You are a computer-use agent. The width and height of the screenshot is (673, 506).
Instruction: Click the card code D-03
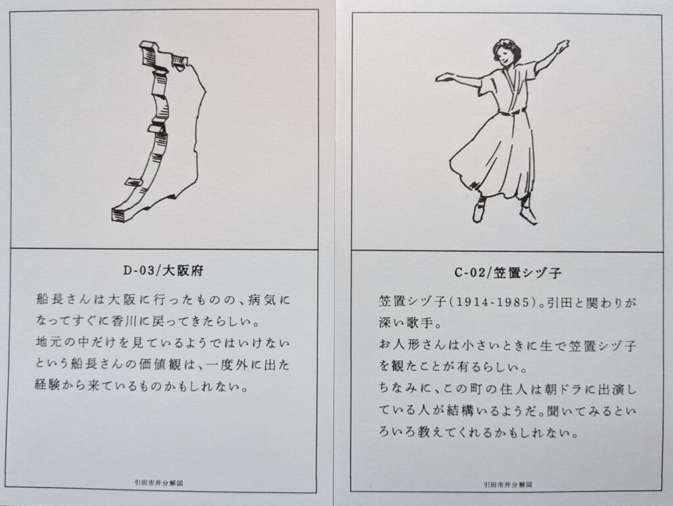[x=137, y=271]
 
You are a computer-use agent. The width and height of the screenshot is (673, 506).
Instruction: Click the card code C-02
[x=470, y=273]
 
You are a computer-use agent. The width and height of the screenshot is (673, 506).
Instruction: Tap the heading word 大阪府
[x=183, y=271]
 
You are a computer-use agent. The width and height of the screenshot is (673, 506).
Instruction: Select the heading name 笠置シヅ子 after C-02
[x=527, y=273]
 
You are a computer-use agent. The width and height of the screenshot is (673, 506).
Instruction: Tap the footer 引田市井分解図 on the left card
[x=159, y=483]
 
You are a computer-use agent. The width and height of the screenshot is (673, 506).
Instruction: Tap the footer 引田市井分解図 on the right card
[x=508, y=484]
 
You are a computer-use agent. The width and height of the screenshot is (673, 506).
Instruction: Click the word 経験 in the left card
[x=48, y=386]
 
